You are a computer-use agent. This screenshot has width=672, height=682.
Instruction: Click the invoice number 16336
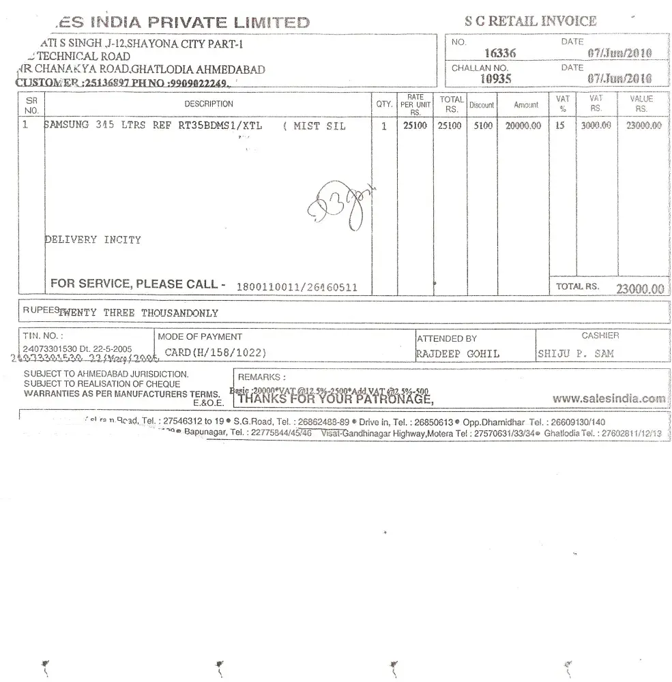499,53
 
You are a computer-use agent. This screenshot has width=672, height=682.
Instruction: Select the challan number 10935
496,78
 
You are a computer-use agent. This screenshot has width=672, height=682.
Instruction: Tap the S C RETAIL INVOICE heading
530,21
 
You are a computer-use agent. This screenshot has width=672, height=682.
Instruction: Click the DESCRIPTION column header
208,104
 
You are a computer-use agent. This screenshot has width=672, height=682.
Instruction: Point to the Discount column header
482,105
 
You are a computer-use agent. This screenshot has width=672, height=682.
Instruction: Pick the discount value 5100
482,126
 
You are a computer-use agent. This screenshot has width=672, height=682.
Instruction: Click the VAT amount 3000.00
595,126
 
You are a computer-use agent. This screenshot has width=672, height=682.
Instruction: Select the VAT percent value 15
560,126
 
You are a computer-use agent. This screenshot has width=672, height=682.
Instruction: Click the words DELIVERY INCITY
93,240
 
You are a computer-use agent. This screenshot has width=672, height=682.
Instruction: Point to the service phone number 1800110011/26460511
296,287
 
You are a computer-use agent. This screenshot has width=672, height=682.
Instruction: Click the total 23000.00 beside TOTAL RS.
639,289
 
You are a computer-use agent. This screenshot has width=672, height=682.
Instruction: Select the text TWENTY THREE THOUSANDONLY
138,313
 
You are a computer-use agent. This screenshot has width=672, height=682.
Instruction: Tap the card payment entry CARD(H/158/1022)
215,353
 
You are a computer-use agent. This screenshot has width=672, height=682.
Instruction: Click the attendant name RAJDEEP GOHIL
457,353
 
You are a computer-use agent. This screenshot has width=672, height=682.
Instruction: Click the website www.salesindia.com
609,398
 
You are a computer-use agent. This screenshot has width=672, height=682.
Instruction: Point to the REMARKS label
261,377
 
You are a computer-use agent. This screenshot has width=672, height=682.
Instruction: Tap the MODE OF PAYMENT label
199,336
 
